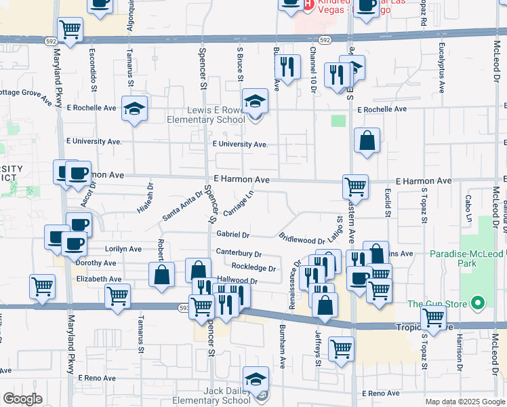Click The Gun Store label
(438, 303)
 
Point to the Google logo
(22, 399)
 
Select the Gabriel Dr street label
(233, 235)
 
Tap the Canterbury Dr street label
(239, 254)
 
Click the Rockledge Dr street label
(254, 268)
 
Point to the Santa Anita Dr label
(182, 206)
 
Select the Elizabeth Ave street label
(99, 279)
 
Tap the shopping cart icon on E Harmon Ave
(355, 185)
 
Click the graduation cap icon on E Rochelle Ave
(134, 108)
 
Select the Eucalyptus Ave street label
(441, 68)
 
